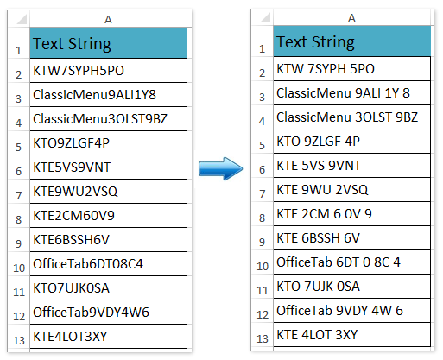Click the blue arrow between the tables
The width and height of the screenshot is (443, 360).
[220, 168]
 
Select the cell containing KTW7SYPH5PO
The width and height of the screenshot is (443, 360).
[108, 71]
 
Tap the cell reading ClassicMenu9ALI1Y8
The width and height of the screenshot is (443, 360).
[108, 95]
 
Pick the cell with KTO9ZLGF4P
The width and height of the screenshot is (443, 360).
[108, 143]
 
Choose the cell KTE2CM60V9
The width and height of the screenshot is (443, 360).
[108, 216]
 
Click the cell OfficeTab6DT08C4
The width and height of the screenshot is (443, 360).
[108, 264]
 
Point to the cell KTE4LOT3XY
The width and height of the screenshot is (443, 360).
[108, 337]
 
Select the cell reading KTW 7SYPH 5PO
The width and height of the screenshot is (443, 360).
[351, 69]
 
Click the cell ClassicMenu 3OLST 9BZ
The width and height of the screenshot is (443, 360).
[351, 117]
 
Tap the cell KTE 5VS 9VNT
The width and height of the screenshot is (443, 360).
[351, 166]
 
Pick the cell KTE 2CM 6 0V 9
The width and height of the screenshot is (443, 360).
[351, 214]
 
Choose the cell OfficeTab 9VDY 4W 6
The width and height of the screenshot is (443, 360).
[351, 311]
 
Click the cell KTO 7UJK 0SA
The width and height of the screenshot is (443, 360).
[351, 287]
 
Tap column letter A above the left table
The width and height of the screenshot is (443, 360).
[108, 20]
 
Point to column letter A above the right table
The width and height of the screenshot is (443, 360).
[351, 18]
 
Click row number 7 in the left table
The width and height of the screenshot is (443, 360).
[19, 195]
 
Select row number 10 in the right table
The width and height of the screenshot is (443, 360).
[263, 266]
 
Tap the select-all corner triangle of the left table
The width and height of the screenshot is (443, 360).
[22, 20]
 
